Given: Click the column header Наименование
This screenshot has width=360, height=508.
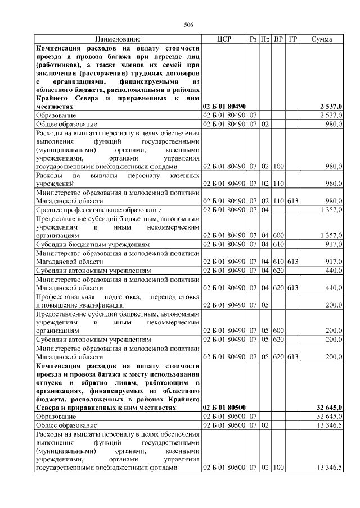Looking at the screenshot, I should point(118,39).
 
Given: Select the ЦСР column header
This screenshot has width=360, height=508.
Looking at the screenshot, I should point(224,39).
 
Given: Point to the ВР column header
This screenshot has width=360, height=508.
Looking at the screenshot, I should point(278,39).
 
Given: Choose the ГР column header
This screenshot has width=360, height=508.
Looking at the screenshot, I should point(292,39).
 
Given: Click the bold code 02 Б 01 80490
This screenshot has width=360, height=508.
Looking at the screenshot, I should point(224,106).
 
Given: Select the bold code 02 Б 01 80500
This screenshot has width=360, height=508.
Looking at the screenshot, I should point(224,408).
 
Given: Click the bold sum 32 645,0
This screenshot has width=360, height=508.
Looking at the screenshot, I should point(329,408).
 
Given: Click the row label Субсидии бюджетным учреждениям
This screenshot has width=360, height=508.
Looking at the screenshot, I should point(93,245).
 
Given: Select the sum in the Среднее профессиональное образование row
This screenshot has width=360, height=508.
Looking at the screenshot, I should point(332,209).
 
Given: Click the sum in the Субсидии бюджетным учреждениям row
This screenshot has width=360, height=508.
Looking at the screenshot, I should point(334,245).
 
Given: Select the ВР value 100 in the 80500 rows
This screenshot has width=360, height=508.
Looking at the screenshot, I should point(278,468).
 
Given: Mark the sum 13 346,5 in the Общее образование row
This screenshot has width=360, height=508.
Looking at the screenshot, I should point(330,425).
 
